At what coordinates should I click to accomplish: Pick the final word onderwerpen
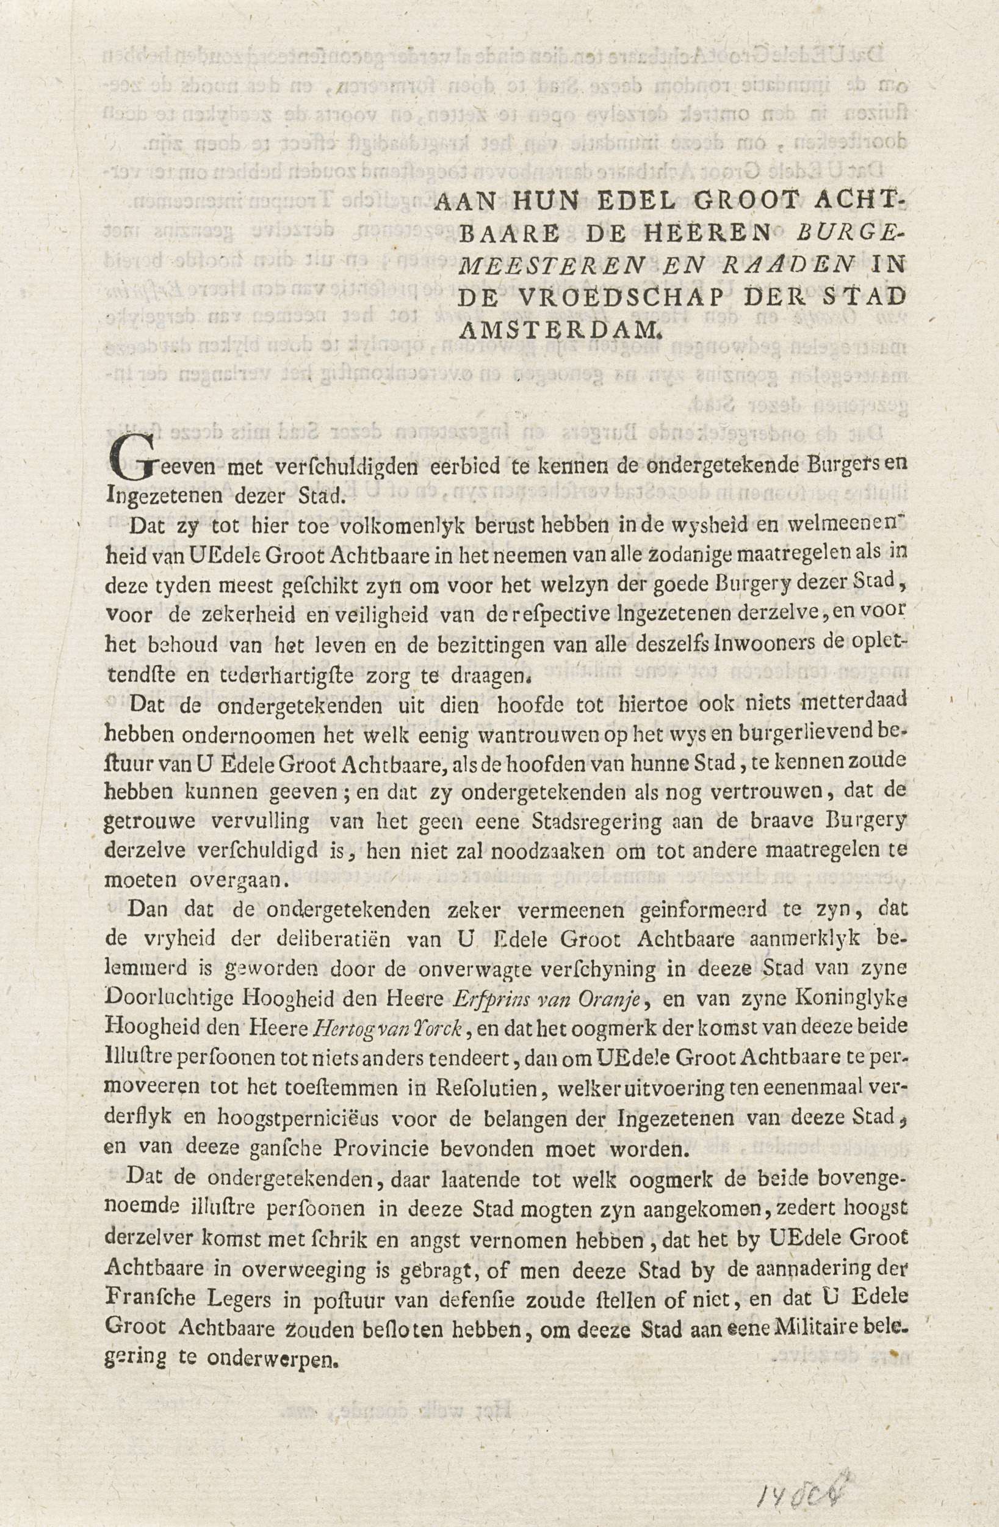pyautogui.click(x=266, y=1352)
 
